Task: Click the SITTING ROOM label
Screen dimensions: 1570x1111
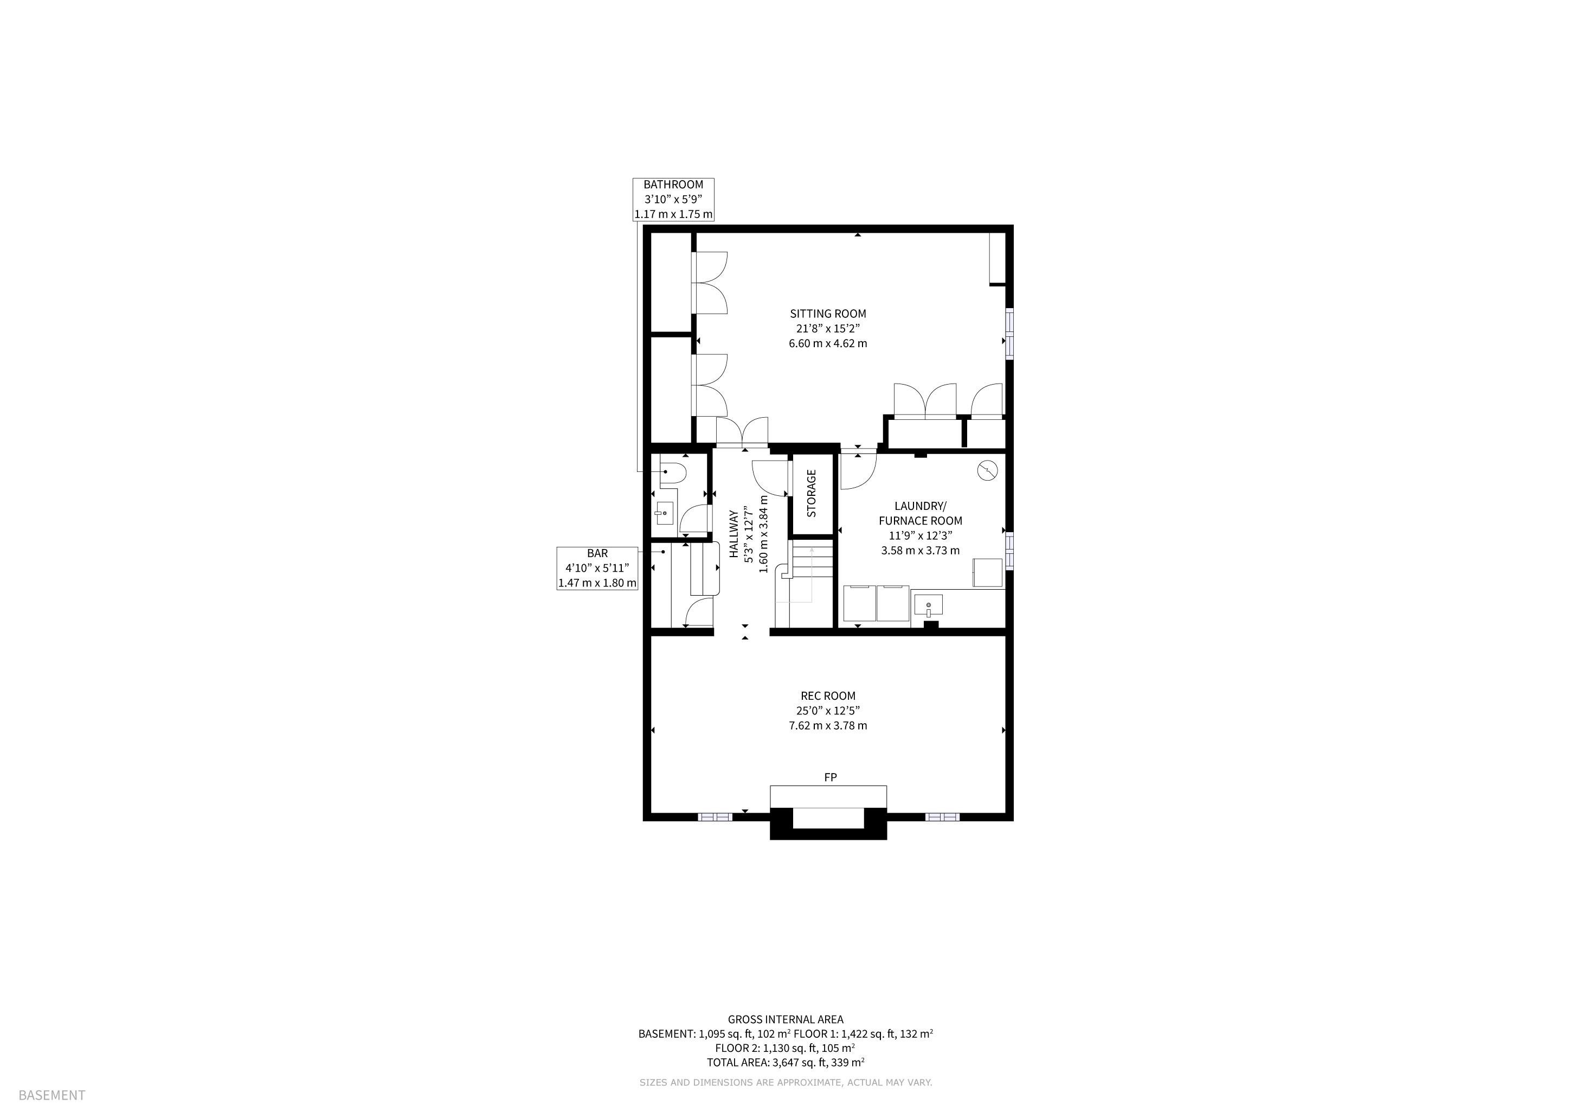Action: (x=827, y=314)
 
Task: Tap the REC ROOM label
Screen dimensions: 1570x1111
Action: (x=827, y=696)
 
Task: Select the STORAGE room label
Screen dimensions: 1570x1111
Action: (x=812, y=493)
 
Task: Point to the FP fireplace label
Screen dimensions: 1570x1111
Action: (x=830, y=777)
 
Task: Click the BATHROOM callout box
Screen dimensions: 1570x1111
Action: (x=673, y=199)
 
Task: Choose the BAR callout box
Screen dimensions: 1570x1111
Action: (x=597, y=568)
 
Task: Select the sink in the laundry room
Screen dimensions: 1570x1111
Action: (x=928, y=605)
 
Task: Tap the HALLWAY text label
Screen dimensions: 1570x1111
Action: (x=733, y=534)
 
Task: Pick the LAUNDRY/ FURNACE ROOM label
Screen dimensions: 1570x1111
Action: (x=921, y=513)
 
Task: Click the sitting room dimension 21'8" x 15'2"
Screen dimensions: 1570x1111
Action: (x=827, y=328)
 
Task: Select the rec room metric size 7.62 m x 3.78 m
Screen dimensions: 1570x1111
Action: (x=827, y=725)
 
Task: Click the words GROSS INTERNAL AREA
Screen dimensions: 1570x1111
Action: (x=786, y=1019)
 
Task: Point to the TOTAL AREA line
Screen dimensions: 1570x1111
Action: (x=786, y=1062)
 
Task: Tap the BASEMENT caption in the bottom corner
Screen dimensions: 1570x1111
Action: (x=52, y=1095)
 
